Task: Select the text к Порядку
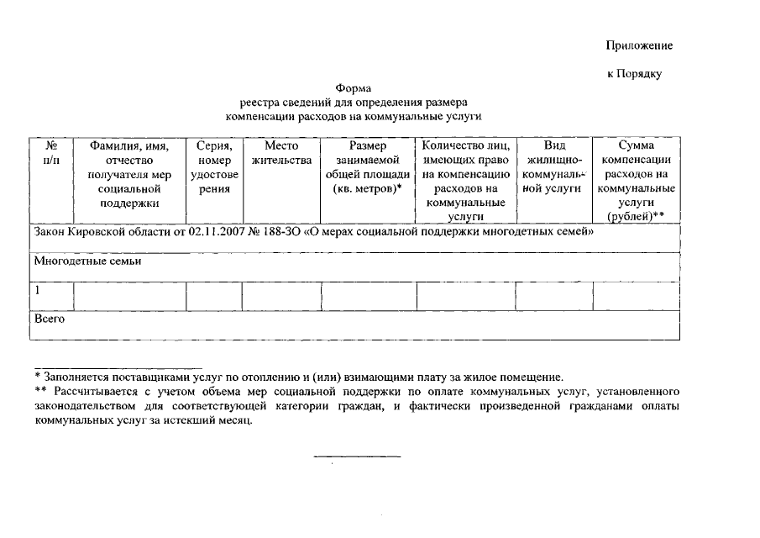pyautogui.click(x=634, y=74)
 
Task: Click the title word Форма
pyautogui.click(x=353, y=88)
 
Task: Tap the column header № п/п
pyautogui.click(x=51, y=153)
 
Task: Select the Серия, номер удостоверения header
pyautogui.click(x=214, y=167)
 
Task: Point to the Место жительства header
pyautogui.click(x=281, y=153)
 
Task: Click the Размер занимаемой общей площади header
pyautogui.click(x=368, y=167)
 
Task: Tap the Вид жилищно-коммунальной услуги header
pyautogui.click(x=554, y=167)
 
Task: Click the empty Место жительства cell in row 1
pyautogui.click(x=281, y=297)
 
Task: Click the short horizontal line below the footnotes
pyautogui.click(x=357, y=456)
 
